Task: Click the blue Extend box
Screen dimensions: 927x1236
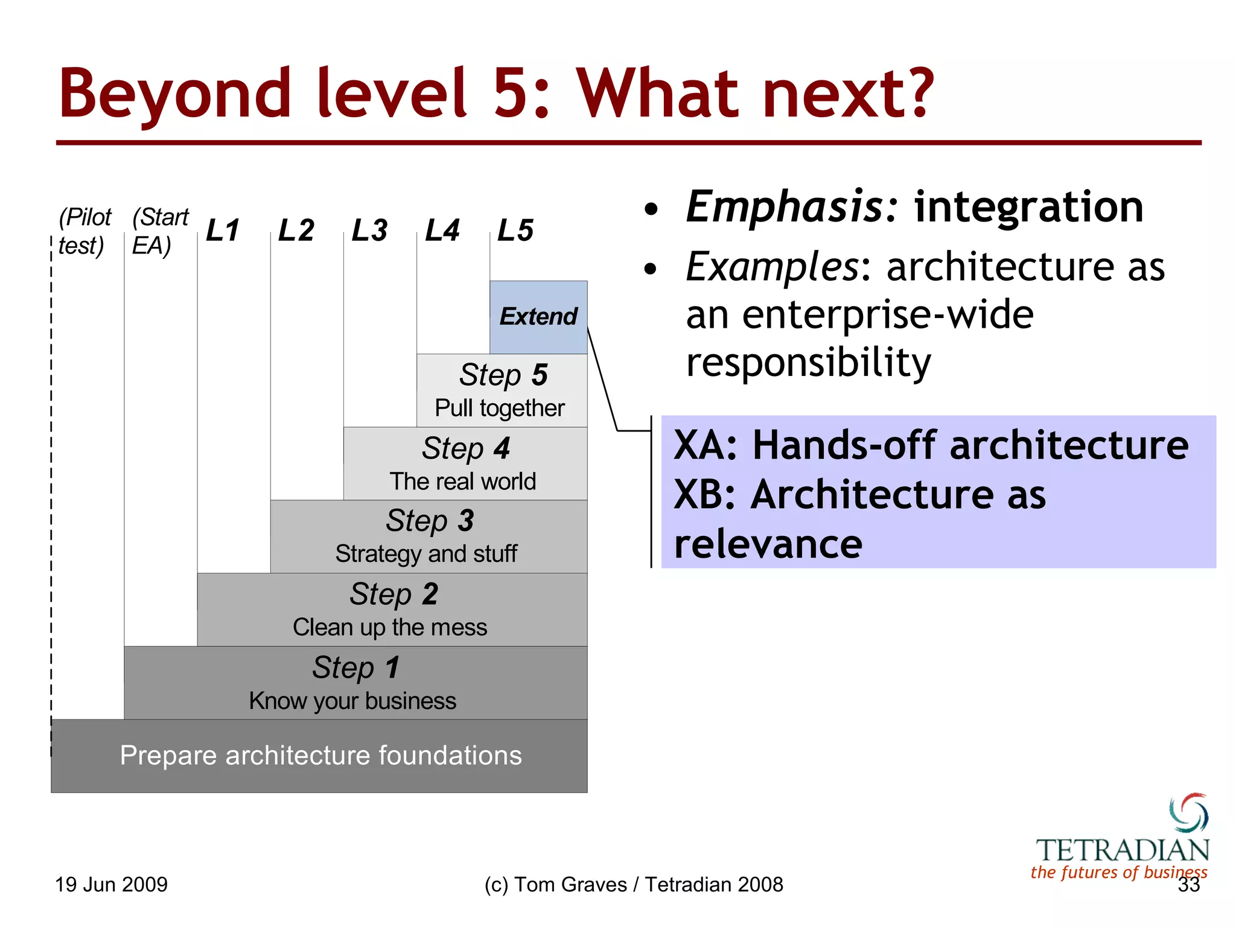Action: click(538, 317)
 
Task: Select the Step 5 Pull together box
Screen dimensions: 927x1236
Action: click(501, 390)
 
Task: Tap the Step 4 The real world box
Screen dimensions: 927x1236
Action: click(465, 463)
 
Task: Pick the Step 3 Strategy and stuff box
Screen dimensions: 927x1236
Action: click(428, 537)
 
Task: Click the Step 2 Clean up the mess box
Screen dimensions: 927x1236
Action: click(392, 610)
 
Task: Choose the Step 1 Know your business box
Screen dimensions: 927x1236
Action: click(355, 683)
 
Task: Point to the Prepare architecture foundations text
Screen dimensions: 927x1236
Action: click(320, 755)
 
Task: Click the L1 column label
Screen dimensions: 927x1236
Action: click(223, 230)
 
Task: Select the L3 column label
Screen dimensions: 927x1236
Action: click(369, 230)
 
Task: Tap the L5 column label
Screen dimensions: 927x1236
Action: click(515, 230)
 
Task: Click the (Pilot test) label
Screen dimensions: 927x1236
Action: click(84, 231)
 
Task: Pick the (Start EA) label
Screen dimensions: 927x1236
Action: click(159, 231)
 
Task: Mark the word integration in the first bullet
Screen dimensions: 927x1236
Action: click(1028, 207)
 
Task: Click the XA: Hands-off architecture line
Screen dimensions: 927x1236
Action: click(931, 445)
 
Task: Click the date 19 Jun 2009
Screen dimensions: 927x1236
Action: click(111, 885)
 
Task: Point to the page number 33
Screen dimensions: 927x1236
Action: click(1188, 885)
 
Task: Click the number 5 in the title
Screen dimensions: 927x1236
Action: click(512, 94)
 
